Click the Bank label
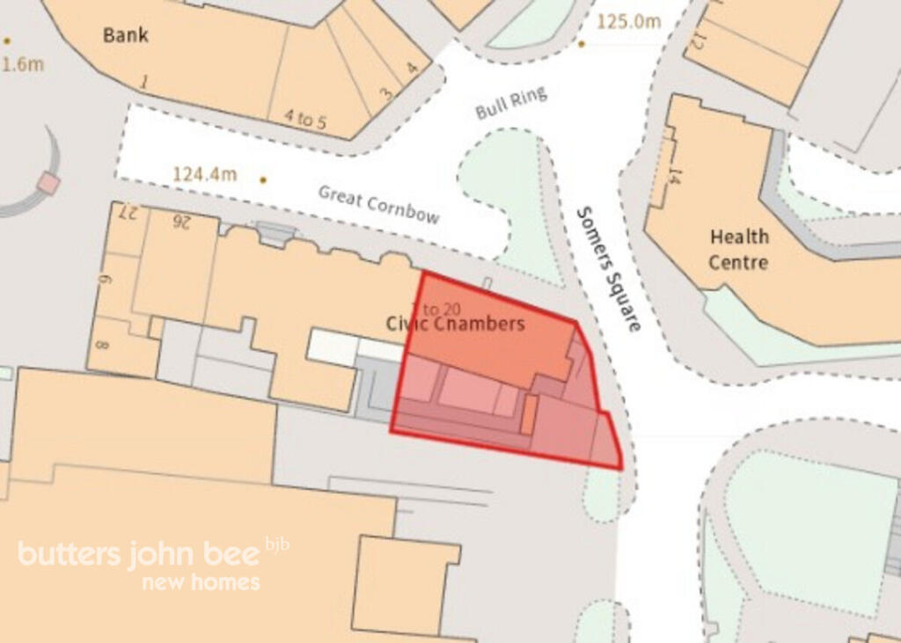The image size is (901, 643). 126,35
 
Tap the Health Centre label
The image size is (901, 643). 739,249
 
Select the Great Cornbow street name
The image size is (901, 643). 378,204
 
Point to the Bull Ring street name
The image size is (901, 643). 511,103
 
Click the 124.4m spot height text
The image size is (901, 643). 204,174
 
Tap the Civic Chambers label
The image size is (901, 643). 455,324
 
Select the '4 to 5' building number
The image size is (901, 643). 304,120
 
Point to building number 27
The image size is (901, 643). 129,213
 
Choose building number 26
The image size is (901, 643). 182,219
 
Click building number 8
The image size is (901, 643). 101,344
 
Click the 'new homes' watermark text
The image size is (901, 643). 201,582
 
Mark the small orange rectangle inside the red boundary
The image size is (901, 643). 528,414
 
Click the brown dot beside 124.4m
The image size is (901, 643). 262,180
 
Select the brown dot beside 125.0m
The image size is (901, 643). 581,42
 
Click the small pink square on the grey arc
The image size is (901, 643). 48,183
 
